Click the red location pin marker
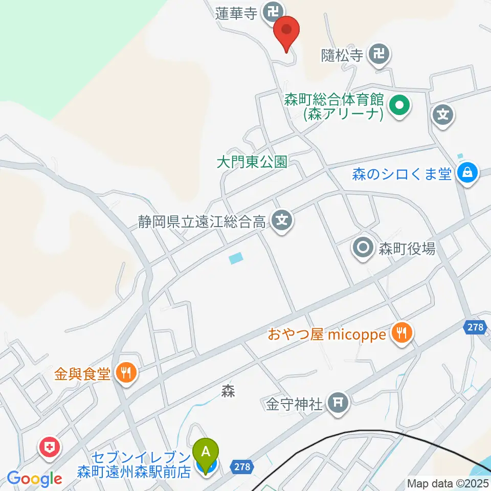click(x=286, y=32)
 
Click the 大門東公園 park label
click(x=252, y=163)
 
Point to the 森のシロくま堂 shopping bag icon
click(x=467, y=173)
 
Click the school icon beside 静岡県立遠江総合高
click(x=281, y=221)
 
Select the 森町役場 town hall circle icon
click(x=363, y=249)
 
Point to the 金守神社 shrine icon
click(x=337, y=404)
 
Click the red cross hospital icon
click(x=50, y=447)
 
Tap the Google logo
click(x=34, y=479)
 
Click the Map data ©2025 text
click(x=448, y=483)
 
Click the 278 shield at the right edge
click(x=476, y=328)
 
